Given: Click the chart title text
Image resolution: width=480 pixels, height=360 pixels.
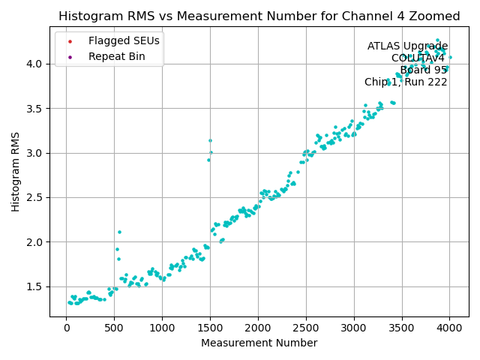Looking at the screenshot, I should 259,16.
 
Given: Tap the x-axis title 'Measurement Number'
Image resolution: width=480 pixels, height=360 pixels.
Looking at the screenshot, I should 259,343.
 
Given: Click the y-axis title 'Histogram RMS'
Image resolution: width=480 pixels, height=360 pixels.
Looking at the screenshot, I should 16,172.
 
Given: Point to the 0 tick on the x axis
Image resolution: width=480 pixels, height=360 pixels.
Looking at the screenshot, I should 66,328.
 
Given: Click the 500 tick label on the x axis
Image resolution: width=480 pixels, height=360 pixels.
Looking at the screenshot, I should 114,328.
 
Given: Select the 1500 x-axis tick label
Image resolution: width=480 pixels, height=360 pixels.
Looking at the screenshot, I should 210,328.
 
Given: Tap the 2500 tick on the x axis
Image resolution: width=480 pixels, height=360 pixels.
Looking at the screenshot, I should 306,328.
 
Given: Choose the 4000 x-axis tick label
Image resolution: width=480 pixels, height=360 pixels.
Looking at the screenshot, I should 450,328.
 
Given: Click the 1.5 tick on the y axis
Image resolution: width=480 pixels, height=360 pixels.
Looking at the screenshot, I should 36,286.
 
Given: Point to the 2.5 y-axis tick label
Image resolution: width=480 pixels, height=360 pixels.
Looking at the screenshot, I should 36,197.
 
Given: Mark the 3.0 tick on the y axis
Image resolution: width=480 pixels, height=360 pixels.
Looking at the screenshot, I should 36,153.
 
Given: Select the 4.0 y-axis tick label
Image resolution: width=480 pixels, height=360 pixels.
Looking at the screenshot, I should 36,64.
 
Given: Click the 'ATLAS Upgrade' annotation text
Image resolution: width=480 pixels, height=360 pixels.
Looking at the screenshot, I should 407,46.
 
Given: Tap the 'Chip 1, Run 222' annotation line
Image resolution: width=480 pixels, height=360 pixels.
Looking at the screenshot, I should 406,82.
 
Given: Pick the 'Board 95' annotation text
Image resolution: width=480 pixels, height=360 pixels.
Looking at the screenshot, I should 423,70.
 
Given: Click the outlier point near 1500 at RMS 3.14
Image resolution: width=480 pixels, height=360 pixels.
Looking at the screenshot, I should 210,140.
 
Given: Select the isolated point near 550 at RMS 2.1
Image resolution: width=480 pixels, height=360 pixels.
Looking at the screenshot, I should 119,232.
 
